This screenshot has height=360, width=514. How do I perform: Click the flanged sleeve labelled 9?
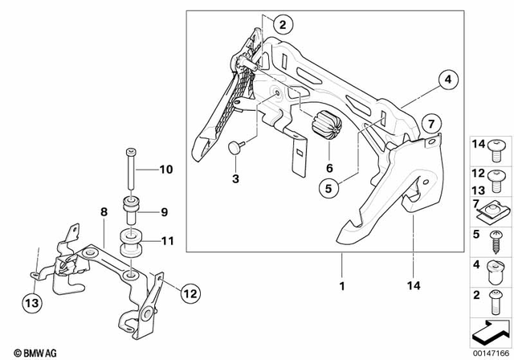pyautogui.click(x=129, y=212)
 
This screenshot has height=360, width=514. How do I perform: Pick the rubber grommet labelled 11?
pyautogui.click(x=128, y=241)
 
